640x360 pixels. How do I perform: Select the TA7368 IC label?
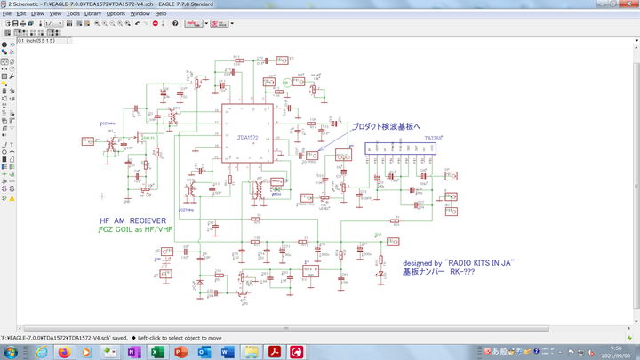435,138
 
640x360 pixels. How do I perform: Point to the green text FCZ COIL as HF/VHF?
135,230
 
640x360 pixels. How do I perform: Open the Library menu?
92,14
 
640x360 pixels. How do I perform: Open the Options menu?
116,14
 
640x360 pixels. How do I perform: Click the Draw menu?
37,14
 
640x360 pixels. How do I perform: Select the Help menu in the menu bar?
161,14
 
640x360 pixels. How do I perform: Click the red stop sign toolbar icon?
156,24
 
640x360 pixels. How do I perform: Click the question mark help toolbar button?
175,24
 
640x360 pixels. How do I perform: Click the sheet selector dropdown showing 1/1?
52,24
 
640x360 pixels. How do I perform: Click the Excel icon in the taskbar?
110,352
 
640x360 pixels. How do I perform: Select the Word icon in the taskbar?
226,352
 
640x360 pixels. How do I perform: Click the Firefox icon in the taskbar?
64,352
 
